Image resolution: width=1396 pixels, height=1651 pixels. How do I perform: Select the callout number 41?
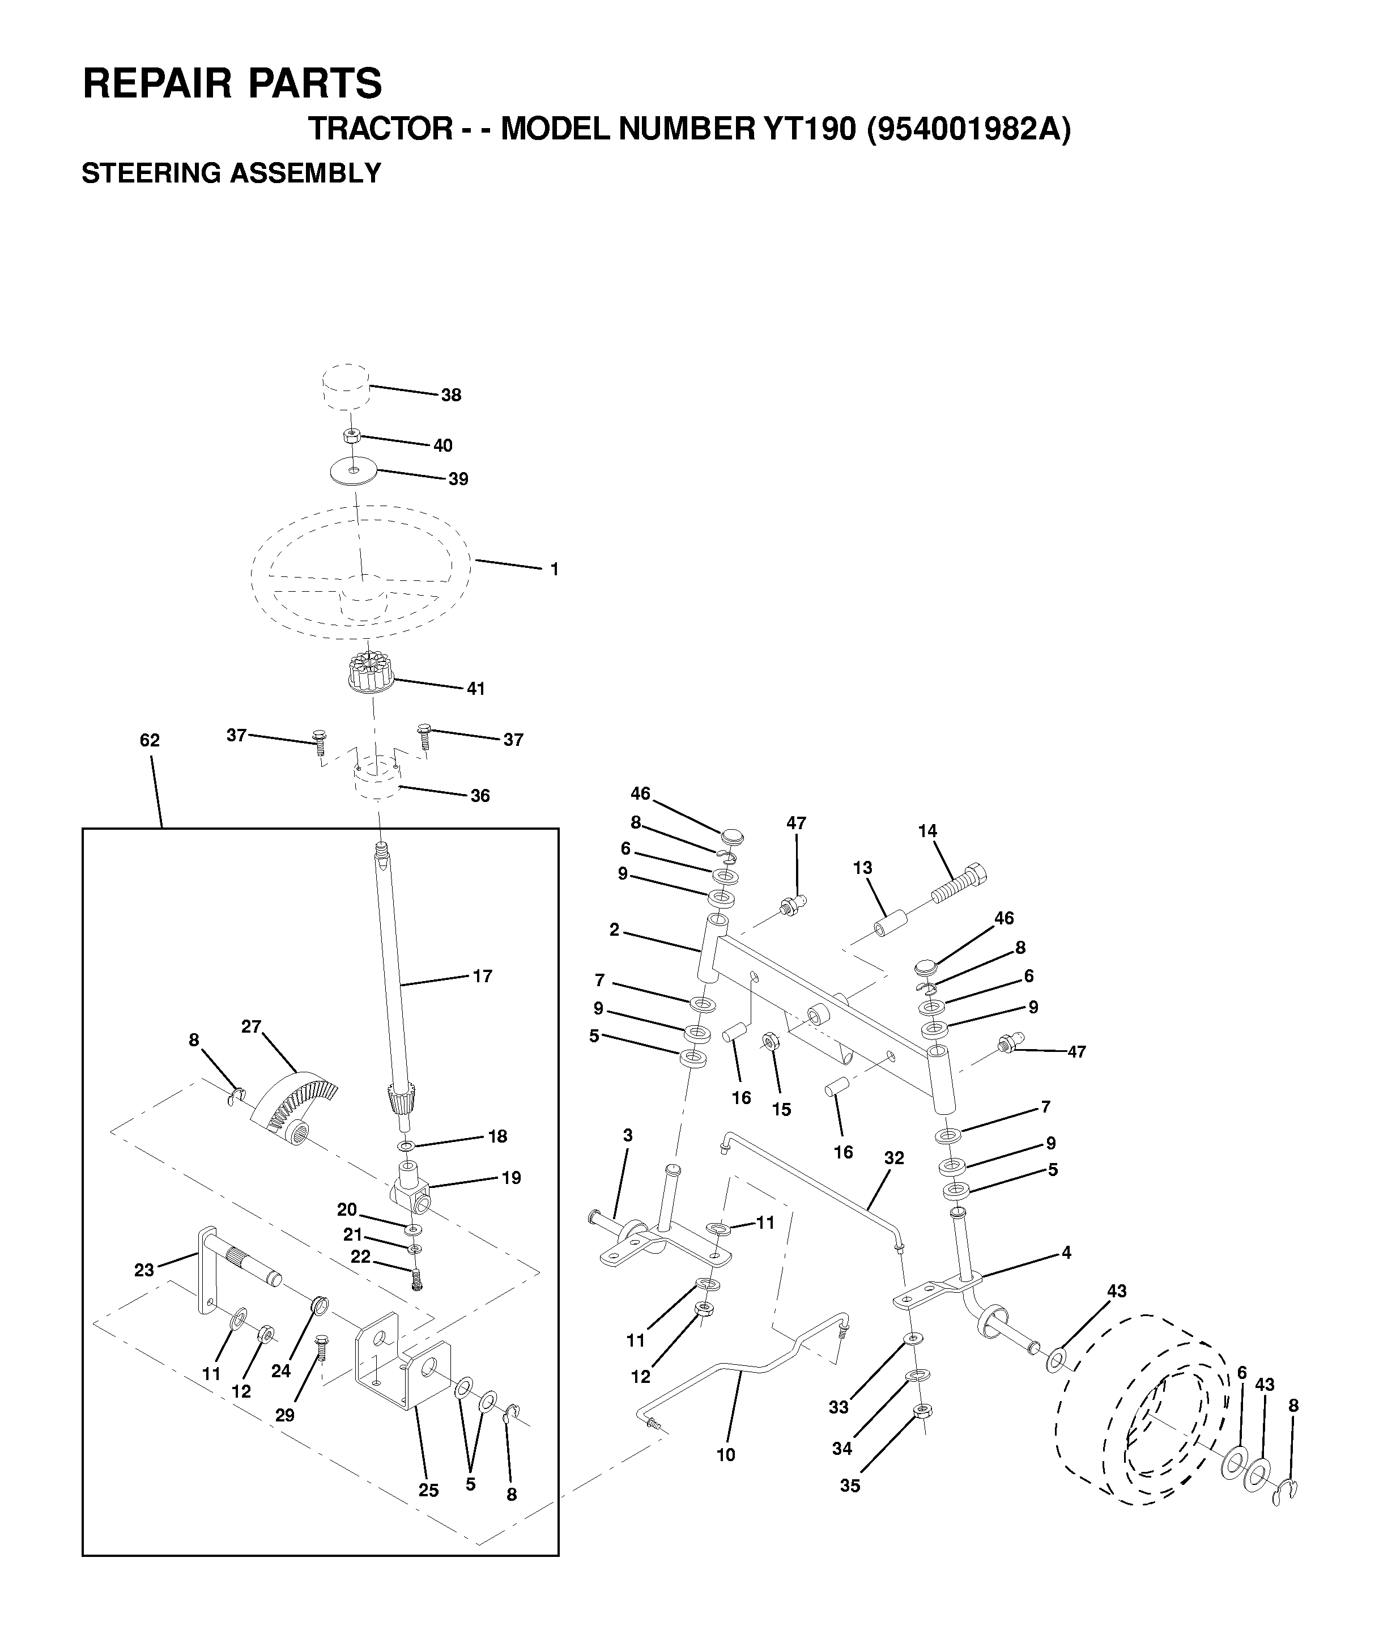coord(475,689)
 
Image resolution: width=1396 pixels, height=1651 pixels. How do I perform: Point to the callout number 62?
coord(150,740)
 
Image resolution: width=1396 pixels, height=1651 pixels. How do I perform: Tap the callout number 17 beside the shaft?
coord(483,976)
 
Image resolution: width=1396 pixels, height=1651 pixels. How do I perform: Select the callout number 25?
coord(428,1491)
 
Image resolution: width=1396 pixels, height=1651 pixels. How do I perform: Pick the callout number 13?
coord(863,868)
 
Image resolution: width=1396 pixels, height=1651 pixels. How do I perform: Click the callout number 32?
coord(894,1158)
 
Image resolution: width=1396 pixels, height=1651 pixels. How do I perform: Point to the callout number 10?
coord(726,1455)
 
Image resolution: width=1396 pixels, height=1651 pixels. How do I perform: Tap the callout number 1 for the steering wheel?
coord(555,569)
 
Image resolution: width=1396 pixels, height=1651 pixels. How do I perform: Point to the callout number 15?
coord(781,1110)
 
